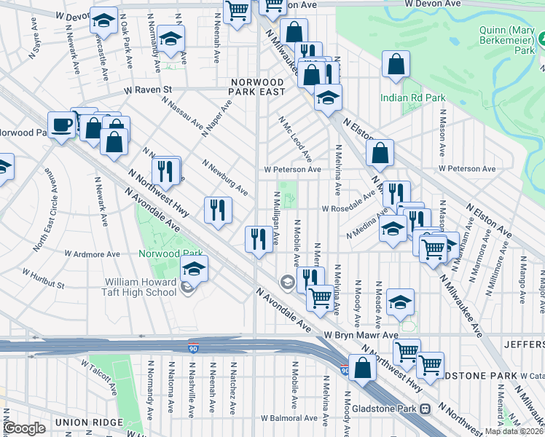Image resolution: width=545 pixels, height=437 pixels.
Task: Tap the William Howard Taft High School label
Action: [x=140, y=287]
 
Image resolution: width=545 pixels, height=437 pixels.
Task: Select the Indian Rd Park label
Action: [x=412, y=98]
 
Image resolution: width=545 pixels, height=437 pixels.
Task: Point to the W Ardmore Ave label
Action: [x=92, y=254]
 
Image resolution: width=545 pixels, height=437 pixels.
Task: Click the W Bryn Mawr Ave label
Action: [x=361, y=335]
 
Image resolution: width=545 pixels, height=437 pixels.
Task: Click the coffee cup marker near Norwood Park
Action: [x=62, y=124]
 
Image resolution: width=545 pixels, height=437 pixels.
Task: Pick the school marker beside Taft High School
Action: [x=194, y=269]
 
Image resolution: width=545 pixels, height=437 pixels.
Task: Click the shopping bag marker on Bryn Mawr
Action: [x=362, y=366]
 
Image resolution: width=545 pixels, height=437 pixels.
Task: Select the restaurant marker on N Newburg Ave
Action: [x=218, y=210]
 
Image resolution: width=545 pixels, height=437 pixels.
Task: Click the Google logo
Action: [x=24, y=428]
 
